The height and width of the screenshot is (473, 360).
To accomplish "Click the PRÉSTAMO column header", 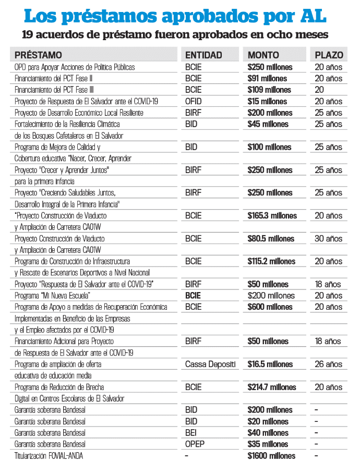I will pos(39,55).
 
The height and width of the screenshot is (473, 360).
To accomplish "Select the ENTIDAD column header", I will pos(203,55).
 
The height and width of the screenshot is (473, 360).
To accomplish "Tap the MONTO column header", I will pos(263,55).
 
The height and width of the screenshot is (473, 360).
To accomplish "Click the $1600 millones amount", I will pos(271,456).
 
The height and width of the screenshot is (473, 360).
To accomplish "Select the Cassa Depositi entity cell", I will pos(210,365).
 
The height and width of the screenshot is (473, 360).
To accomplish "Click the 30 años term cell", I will pos(328,238).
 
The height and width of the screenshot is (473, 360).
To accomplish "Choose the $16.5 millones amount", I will pos(270,365).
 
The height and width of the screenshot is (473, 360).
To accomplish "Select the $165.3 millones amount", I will pos(272,215).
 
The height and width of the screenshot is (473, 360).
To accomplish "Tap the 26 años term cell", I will pos(328,365).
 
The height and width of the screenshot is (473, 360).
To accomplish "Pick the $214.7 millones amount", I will pos(272,387).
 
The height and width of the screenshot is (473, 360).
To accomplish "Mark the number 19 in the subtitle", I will pos(29,35).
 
